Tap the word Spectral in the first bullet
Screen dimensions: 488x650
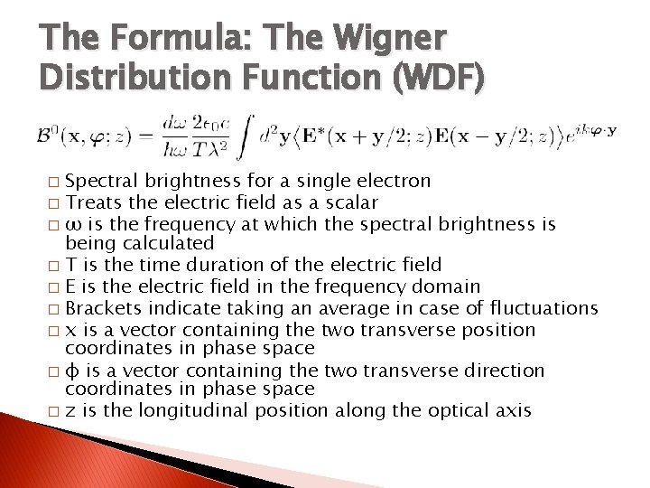pos(101,182)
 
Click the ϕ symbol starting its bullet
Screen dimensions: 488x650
pos(72,371)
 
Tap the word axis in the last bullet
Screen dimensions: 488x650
pos(513,411)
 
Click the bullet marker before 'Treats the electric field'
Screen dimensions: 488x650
pos(56,204)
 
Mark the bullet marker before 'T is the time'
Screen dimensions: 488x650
pos(56,267)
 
